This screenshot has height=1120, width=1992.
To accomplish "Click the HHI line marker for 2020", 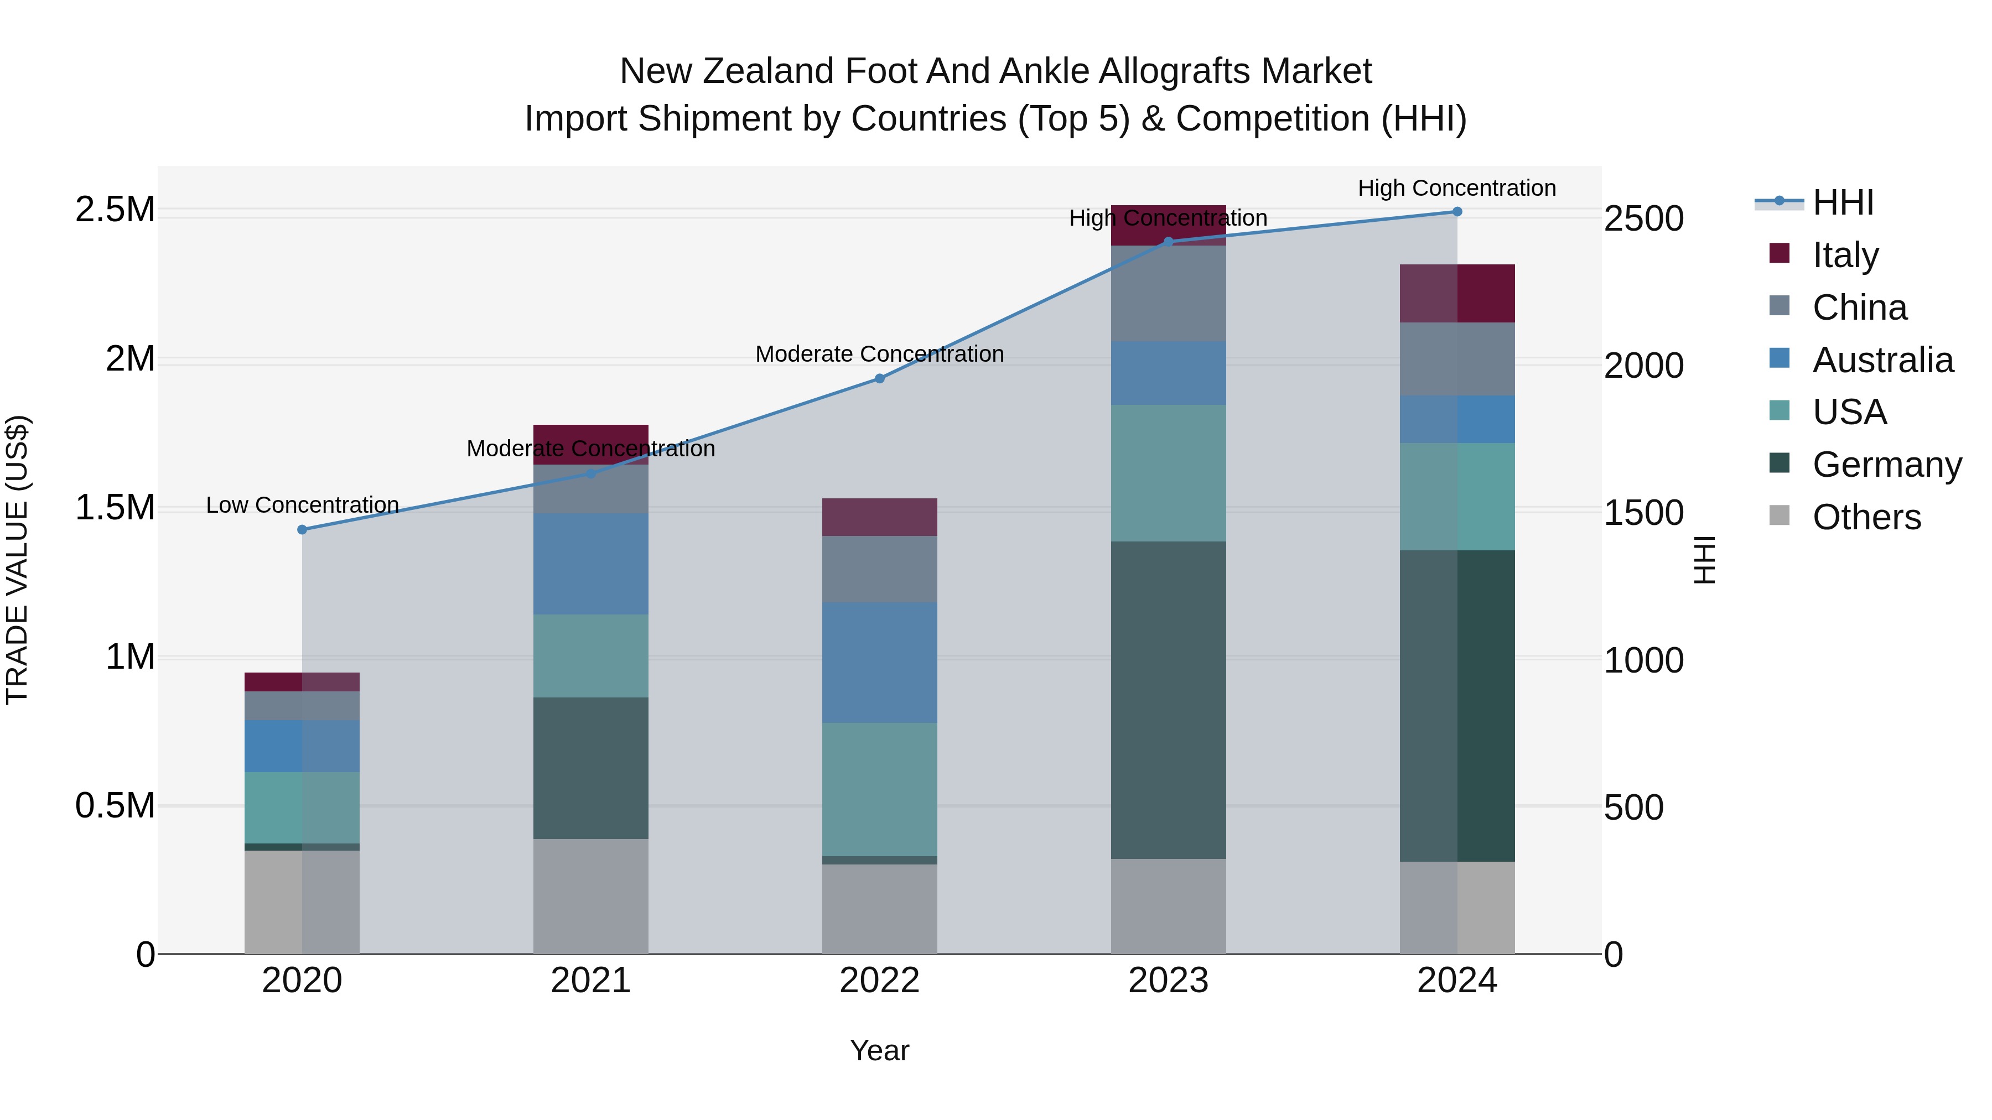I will click(302, 529).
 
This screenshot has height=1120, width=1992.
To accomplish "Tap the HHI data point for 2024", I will click(1457, 212).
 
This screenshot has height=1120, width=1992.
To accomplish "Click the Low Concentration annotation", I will click(302, 506).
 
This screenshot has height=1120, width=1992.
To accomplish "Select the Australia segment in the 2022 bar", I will click(879, 663).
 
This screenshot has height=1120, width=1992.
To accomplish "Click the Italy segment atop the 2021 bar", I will click(591, 434).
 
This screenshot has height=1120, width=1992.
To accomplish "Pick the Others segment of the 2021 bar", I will click(591, 896).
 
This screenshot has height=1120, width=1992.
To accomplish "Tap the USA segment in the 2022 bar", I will click(879, 789).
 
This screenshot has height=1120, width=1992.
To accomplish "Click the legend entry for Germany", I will click(1887, 465).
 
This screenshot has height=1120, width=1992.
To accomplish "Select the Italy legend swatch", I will click(1780, 253).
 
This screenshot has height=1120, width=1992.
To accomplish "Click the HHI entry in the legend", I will click(1843, 202).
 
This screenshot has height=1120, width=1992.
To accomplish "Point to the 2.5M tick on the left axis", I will click(115, 210).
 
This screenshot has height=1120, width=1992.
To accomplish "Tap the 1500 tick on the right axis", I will click(1643, 513).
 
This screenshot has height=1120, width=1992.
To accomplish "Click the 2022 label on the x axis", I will click(879, 981).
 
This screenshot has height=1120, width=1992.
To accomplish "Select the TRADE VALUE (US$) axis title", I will click(17, 560).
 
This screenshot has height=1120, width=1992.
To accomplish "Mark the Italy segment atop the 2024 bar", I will click(1457, 293).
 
